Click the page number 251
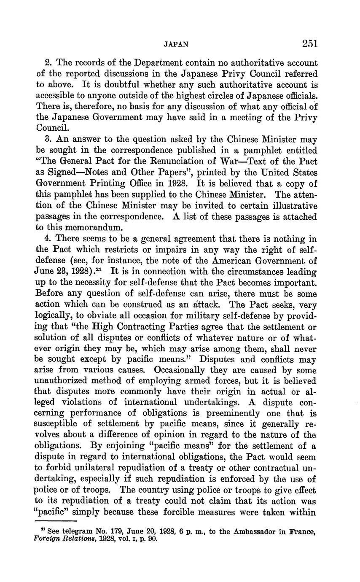[309, 43]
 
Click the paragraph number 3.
[48, 140]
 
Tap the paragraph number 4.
[48, 239]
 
